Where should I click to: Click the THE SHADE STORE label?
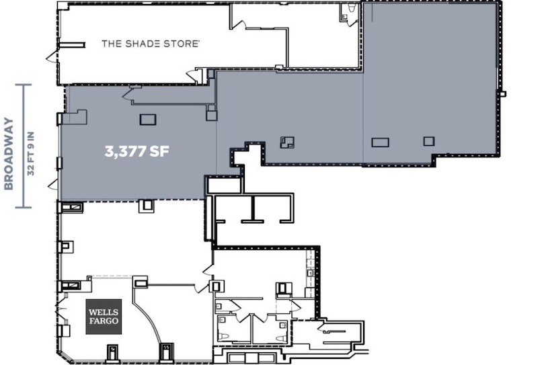(150, 44)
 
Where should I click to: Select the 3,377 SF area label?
(137, 151)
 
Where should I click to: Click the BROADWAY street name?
(9, 153)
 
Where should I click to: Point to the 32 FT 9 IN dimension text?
(31, 153)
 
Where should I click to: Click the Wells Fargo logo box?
(104, 317)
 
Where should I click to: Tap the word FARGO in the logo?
(104, 321)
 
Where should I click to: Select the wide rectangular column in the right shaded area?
(380, 142)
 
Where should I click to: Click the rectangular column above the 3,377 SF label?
(148, 120)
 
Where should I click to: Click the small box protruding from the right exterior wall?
(502, 93)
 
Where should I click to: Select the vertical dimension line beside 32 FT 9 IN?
(24, 146)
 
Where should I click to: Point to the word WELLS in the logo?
(104, 312)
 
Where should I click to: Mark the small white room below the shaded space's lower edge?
(225, 186)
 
